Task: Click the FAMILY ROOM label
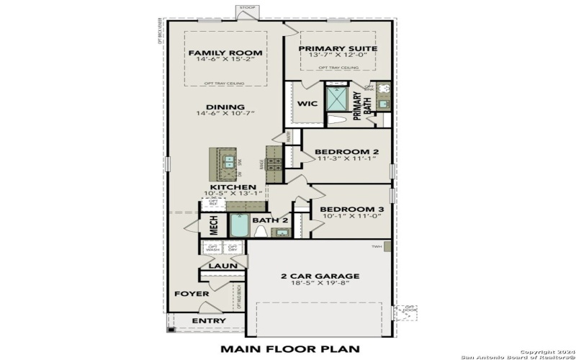(x=225, y=53)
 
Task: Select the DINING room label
(x=225, y=107)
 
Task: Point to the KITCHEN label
(x=233, y=187)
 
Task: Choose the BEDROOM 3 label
(x=348, y=209)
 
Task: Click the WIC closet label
(x=307, y=104)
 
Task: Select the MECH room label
(x=214, y=225)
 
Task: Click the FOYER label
(x=192, y=294)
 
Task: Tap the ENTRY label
(x=209, y=320)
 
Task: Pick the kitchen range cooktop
(x=274, y=158)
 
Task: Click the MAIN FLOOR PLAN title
(x=289, y=349)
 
